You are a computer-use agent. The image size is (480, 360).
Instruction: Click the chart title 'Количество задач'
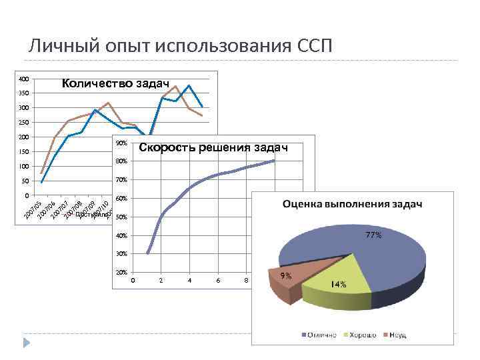[x=115, y=83]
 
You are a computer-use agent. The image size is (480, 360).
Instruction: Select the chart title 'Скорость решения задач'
[x=213, y=147]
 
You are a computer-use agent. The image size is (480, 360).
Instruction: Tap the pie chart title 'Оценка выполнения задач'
[x=353, y=204]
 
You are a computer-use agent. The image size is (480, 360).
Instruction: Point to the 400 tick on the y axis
[x=24, y=79]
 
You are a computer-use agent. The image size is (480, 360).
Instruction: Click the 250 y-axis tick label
[x=24, y=123]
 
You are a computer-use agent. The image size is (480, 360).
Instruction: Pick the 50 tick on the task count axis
[x=26, y=181]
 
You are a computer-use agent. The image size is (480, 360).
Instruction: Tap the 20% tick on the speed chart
[x=121, y=273]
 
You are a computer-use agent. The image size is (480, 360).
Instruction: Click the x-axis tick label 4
[x=189, y=281]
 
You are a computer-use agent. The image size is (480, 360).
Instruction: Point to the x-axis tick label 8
[x=246, y=281]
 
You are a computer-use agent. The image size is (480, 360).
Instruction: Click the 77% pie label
[x=373, y=235]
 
